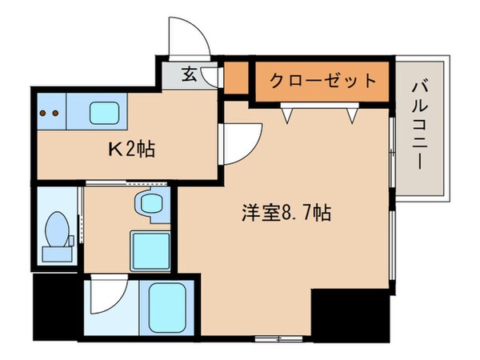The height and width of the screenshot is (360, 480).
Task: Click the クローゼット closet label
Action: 322,81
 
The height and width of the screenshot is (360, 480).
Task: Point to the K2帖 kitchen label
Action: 131,149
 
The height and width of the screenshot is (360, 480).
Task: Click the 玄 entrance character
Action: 190,75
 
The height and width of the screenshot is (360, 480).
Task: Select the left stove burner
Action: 43,113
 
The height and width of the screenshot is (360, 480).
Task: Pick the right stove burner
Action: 56,113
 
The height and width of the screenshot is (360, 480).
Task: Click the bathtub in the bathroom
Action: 167,309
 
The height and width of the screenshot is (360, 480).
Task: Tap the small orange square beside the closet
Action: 235,80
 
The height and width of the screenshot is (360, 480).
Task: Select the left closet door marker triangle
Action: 286,115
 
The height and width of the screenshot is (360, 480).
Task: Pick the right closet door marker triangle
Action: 350,115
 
